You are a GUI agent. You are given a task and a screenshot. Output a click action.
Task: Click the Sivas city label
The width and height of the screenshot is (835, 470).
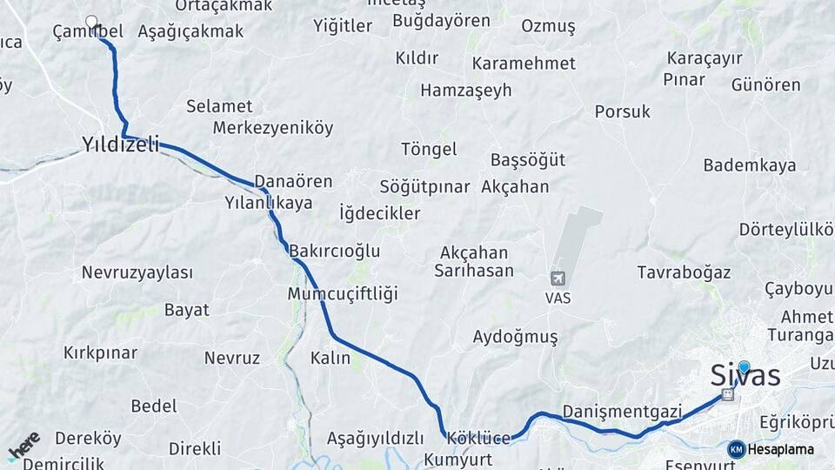coord(745,377)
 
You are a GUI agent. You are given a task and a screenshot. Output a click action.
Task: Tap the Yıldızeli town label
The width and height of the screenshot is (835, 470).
coord(121,145)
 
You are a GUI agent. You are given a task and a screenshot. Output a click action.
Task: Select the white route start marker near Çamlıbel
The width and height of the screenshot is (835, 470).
coord(91,21)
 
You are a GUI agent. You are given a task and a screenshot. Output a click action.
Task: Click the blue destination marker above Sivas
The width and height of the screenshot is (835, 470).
coord(744,366)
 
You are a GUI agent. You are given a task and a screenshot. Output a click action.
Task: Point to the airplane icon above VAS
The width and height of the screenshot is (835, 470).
coord(557,279)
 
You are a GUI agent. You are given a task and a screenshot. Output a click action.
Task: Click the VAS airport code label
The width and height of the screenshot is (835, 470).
coord(558,297)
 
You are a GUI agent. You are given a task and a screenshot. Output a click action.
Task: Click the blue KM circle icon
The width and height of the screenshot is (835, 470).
coord(737,449)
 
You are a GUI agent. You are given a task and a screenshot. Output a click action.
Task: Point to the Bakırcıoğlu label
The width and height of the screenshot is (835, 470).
coord(335,251)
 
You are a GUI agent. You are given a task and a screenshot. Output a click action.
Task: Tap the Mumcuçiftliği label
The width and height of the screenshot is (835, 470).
coord(342,292)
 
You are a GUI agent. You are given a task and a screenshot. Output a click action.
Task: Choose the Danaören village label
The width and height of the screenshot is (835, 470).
coord(294,182)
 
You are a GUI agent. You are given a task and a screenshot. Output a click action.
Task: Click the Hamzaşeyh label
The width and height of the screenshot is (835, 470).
coord(465,91)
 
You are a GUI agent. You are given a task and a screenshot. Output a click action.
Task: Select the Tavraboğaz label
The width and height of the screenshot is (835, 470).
coord(684,272)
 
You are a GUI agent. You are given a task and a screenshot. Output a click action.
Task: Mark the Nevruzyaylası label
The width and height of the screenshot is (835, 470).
coord(137,272)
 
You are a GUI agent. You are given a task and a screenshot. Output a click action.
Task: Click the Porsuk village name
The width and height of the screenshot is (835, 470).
coord(623,111)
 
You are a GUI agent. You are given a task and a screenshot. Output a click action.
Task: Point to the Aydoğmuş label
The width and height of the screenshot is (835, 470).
coord(514,336)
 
